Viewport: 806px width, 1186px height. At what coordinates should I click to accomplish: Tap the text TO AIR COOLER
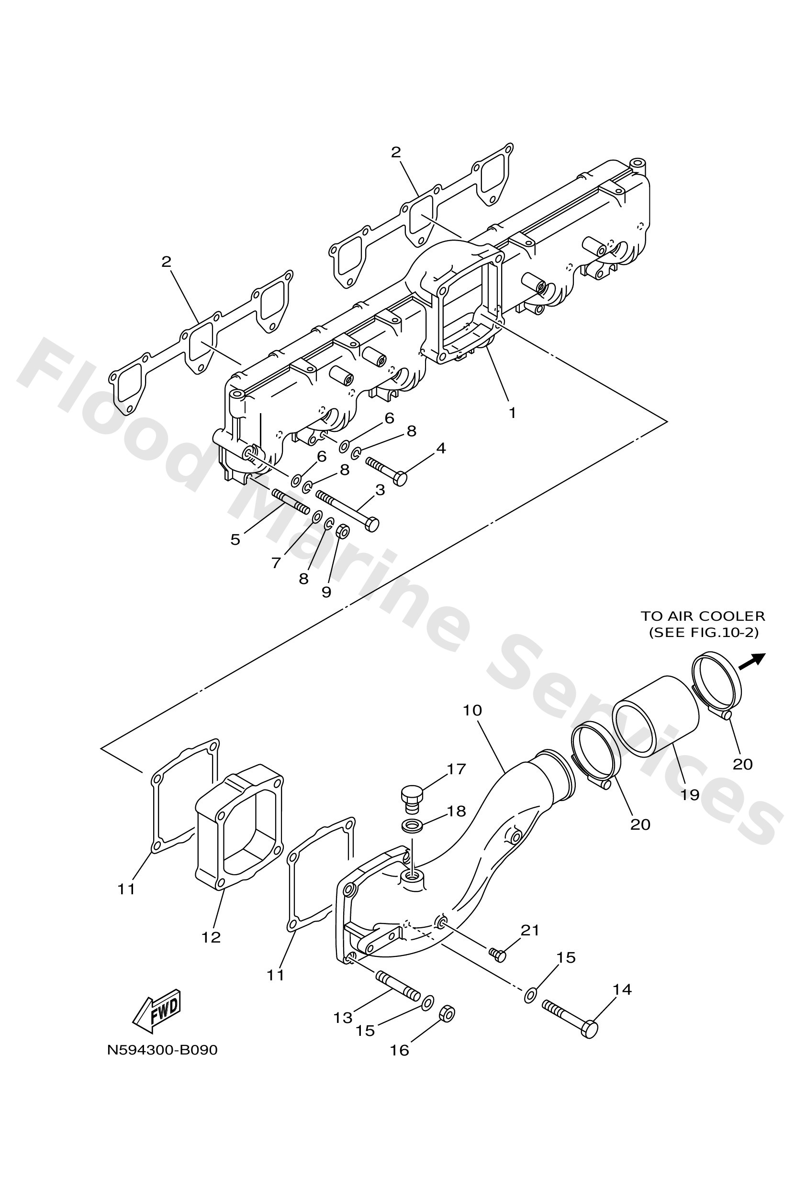click(703, 616)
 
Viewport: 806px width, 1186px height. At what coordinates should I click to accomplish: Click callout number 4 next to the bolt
click(441, 448)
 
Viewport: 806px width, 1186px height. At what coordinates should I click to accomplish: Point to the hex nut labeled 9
click(343, 532)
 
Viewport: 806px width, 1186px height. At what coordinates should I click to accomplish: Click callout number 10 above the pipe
click(472, 710)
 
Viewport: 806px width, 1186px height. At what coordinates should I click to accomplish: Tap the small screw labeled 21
click(497, 954)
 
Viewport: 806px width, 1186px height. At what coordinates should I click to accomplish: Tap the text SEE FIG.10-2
click(703, 632)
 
